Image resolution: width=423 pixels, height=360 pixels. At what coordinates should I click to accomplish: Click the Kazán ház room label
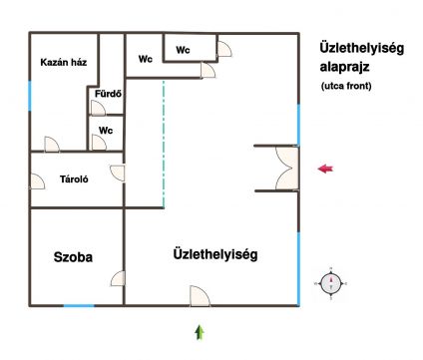point(64,62)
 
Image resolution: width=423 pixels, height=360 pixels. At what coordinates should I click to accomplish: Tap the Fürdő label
point(108,94)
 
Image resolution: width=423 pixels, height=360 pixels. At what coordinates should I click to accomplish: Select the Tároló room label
point(74,180)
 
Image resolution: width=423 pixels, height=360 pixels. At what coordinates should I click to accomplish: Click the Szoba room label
point(73,257)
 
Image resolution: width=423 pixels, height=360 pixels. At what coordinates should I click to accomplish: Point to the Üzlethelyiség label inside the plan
point(215,254)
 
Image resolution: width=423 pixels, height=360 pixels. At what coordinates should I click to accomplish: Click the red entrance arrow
point(325,169)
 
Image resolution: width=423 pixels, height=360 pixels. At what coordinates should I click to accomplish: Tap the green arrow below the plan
point(200,332)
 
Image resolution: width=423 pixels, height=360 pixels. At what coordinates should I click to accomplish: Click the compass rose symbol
point(331,283)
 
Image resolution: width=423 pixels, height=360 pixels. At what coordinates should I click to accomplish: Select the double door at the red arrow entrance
point(286,169)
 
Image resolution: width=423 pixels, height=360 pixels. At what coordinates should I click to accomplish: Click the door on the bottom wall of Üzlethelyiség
point(200,296)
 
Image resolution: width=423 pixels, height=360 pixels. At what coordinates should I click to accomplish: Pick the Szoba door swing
point(118,278)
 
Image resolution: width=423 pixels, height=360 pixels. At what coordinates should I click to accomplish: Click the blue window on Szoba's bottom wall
point(79,305)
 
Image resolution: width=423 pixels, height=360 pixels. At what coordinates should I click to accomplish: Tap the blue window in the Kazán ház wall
point(30,96)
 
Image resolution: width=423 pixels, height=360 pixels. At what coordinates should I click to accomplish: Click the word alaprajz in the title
point(345,67)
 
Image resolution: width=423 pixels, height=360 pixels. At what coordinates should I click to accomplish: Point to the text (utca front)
point(346,86)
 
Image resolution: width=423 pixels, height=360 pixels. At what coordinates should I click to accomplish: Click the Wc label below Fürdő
point(106,131)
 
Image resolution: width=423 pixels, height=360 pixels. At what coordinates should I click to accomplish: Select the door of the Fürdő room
point(98,108)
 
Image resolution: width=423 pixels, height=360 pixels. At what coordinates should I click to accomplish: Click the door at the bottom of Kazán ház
point(52,144)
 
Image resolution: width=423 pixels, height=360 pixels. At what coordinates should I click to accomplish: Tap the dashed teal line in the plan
point(164,144)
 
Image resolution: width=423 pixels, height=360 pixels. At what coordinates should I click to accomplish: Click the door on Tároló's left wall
point(37,181)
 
